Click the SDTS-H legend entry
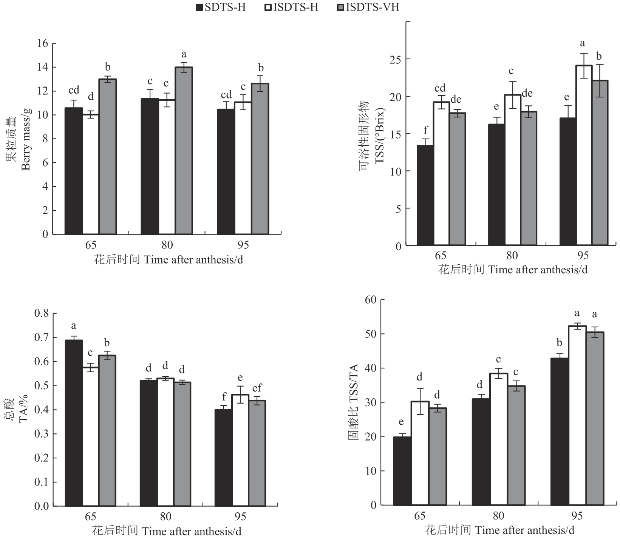pyautogui.click(x=221, y=7)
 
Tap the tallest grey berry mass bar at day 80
pyautogui.click(x=184, y=151)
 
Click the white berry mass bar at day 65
pyautogui.click(x=91, y=174)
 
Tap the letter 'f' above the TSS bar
pyautogui.click(x=426, y=130)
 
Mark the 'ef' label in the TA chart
pyautogui.click(x=257, y=388)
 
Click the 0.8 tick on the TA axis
pyautogui.click(x=42, y=313)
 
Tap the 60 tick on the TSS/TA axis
pyautogui.click(x=371, y=300)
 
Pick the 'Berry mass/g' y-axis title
pyautogui.click(x=26, y=139)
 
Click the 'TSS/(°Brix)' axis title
pyautogui.click(x=379, y=136)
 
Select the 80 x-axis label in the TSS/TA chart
pyautogui.click(x=498, y=516)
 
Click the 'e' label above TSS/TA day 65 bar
pyautogui.click(x=401, y=422)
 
